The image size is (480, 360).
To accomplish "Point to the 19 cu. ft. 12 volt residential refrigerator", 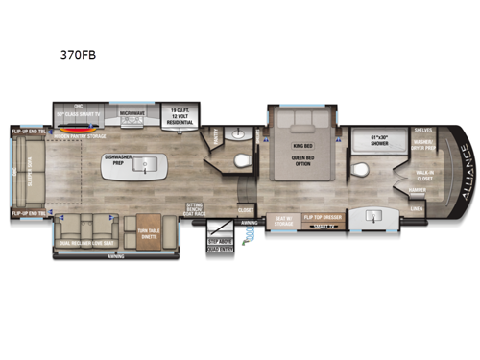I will click(x=179, y=116).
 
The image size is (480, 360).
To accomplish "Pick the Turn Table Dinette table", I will click(x=148, y=228).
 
